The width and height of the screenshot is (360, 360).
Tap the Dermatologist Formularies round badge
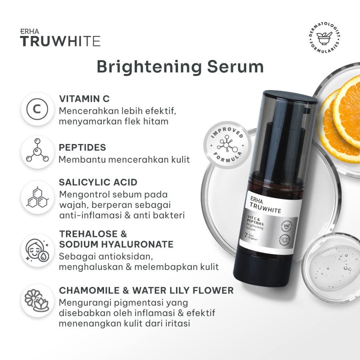tap(324, 39)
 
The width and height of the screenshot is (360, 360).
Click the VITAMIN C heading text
tap(84, 98)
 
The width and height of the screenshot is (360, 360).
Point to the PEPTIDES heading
tap(82, 148)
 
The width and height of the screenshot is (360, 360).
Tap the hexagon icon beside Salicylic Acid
tap(37, 196)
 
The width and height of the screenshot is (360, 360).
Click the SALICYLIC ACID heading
tap(98, 182)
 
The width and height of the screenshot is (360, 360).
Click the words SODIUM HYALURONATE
tap(116, 244)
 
